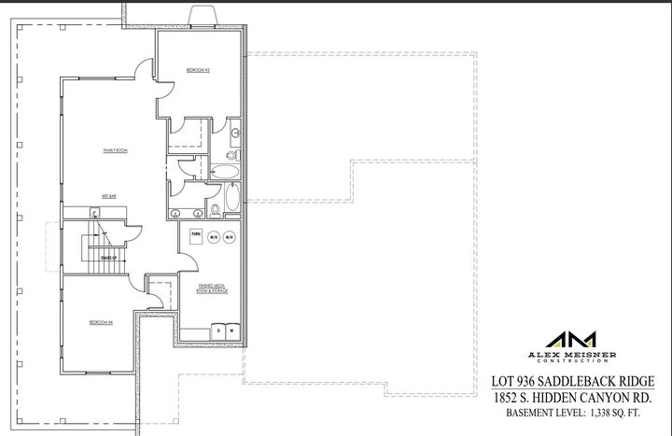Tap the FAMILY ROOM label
pos(115,150)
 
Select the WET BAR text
pos(108,196)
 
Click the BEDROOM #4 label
pos(101,322)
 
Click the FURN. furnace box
pos(196,235)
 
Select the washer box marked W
pos(230,330)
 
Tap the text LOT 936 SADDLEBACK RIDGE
pos(579,381)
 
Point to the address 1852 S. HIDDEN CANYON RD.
pos(579,397)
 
